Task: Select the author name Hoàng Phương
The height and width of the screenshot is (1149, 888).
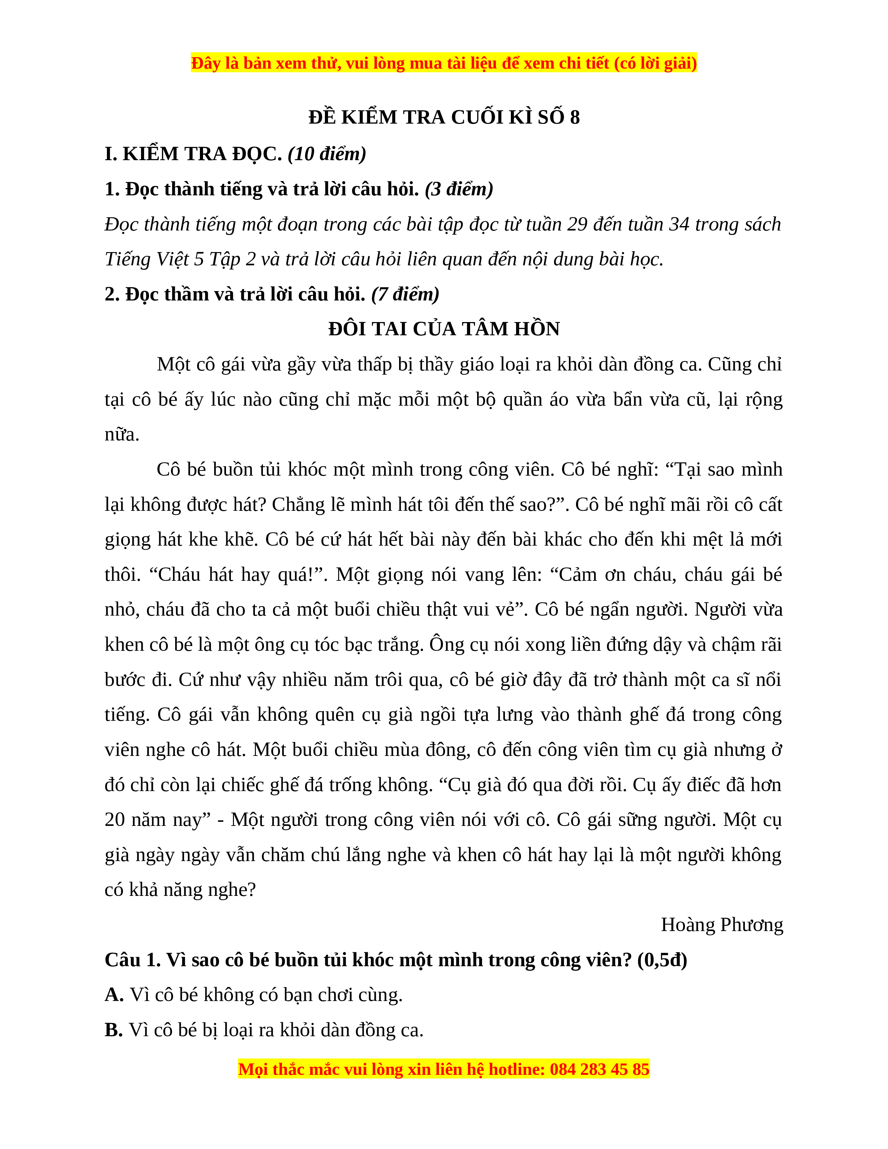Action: click(x=722, y=925)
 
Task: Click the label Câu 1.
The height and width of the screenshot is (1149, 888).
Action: click(x=133, y=960)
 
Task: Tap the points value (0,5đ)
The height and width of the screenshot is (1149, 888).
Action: click(x=662, y=960)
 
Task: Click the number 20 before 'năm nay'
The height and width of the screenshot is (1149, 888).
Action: click(x=115, y=820)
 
